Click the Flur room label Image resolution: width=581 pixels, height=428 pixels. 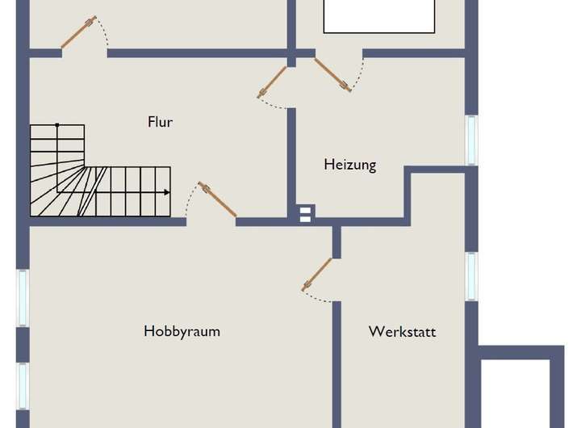pos(160,122)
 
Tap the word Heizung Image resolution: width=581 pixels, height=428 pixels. pos(350,165)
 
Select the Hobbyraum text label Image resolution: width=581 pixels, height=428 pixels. pos(182,331)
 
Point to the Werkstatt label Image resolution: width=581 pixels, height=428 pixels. pos(402,332)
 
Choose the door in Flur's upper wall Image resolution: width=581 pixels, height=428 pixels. pos(79,32)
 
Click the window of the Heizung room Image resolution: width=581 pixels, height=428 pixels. pos(471,140)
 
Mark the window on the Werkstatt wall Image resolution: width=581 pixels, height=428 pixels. pos(471,275)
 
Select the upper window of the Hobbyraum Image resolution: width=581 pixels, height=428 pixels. pos(23,297)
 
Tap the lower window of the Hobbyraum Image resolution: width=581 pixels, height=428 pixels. pos(23,384)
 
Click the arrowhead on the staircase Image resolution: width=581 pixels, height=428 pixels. pos(166,192)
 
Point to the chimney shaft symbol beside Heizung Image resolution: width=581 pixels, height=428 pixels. pos(305,214)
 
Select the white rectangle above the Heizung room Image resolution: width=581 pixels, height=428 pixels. pos(380,16)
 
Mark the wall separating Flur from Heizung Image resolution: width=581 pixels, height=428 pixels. pos(292,162)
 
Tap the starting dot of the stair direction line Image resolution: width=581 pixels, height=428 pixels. pos(57,125)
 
